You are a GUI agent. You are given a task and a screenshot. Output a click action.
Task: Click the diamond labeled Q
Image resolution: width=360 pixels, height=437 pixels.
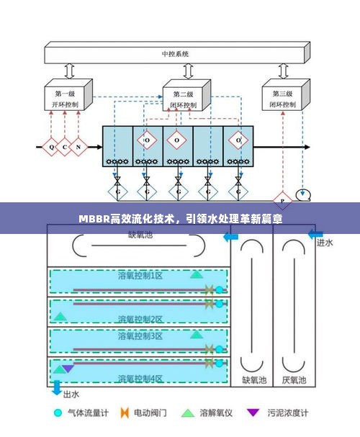tap(51, 147)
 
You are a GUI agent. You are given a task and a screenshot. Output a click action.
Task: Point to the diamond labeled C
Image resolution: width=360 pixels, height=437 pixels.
tap(65, 147)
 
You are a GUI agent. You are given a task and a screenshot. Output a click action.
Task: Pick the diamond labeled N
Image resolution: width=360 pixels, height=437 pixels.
tap(78, 147)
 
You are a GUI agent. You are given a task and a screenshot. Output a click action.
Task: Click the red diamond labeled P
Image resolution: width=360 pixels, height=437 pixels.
tap(282, 199)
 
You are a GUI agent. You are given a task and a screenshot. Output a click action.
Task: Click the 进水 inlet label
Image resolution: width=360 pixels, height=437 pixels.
tap(325, 243)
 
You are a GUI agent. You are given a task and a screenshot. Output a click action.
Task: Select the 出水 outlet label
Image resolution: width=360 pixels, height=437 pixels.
tap(71, 394)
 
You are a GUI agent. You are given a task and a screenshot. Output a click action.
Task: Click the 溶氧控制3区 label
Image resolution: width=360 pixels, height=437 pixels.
tap(140, 336)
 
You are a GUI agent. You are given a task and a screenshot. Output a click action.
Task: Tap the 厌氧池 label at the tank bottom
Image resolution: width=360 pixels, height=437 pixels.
tap(293, 379)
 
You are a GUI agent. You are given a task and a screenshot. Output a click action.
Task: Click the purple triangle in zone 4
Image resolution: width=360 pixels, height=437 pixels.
tap(68, 369)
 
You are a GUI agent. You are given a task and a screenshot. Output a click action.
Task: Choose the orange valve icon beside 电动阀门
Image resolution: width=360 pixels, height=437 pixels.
tap(124, 413)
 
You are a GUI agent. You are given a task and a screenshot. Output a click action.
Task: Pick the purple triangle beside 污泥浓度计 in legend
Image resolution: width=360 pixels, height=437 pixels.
tap(252, 413)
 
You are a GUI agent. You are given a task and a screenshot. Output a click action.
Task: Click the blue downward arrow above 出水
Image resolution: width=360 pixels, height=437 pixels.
tap(57, 387)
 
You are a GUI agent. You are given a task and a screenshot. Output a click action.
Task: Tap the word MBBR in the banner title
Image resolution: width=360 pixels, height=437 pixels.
tap(92, 218)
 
